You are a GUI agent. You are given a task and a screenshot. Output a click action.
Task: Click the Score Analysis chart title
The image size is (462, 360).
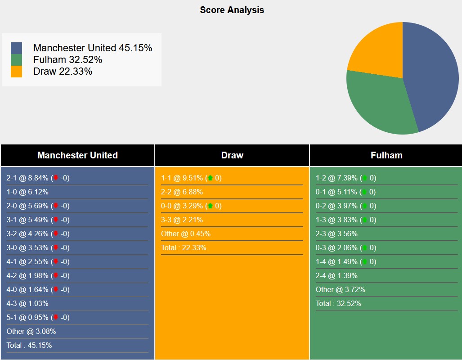pos(232,10)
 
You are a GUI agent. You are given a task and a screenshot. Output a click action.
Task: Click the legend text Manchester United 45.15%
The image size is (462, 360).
pos(92,48)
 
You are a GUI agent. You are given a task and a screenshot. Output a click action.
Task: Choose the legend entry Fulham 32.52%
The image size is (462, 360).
pos(67,59)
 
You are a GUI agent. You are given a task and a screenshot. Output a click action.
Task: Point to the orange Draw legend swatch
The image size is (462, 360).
pos(16,72)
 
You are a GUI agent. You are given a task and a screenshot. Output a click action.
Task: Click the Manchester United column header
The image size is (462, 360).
pos(77,155)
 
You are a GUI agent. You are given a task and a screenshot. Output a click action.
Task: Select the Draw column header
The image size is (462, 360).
pos(232,155)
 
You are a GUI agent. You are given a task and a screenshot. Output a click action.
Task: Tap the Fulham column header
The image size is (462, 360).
pos(386,155)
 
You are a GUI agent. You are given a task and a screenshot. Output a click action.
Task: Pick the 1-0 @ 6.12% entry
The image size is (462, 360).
pos(27,192)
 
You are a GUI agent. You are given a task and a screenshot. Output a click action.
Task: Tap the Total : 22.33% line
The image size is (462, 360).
pos(184,247)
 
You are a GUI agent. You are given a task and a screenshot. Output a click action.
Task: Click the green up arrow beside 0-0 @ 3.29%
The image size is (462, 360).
pos(210,206)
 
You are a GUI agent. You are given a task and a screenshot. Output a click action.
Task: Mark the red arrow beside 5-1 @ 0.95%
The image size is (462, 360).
pos(56,317)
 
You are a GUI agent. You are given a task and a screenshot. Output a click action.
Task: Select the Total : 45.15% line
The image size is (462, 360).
pos(29,345)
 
